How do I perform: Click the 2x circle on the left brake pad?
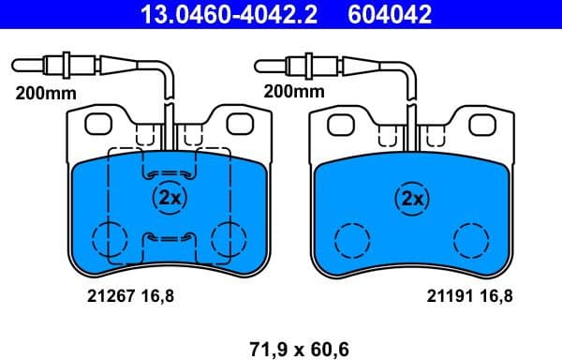point(170,198)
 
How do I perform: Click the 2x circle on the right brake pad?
point(412,198)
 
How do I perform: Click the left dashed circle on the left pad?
point(108,239)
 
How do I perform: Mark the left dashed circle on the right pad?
point(353,240)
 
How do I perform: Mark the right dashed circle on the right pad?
point(471,240)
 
